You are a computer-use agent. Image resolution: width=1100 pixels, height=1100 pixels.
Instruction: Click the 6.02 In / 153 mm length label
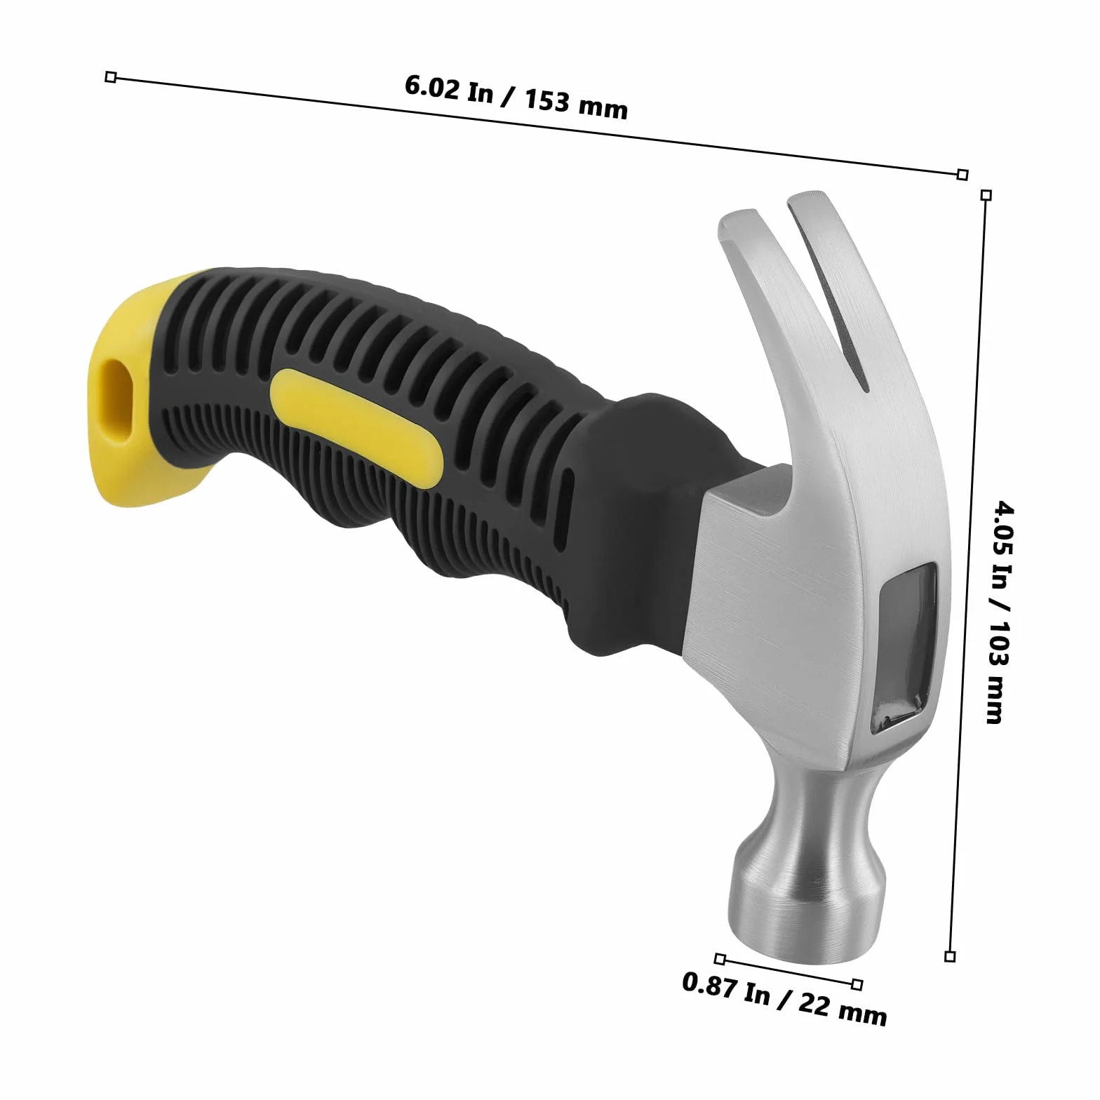tap(516, 97)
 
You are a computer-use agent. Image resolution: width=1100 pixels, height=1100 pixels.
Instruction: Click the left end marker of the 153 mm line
tap(110, 77)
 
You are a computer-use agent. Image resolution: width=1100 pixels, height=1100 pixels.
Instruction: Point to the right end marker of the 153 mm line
tap(962, 174)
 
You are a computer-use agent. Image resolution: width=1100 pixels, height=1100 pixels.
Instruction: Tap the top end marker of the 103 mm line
tap(986, 195)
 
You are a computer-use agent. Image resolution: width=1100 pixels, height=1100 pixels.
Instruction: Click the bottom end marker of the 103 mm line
tap(950, 956)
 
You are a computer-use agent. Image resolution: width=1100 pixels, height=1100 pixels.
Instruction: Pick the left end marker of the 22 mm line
tap(720, 959)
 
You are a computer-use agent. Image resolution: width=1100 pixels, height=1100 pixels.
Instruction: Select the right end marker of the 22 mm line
tap(857, 985)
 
